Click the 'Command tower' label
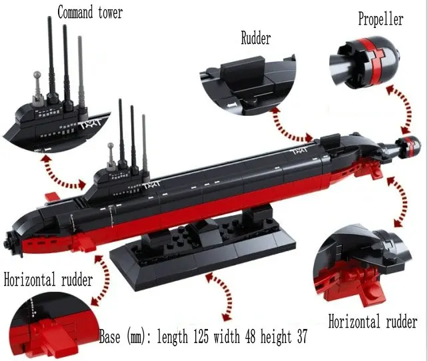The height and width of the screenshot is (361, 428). (x=90, y=13)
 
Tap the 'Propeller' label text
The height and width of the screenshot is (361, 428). (x=381, y=19)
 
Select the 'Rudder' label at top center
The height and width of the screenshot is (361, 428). (x=256, y=38)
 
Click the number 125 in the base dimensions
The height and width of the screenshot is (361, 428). (x=201, y=336)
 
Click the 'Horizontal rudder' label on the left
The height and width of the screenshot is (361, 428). (x=48, y=280)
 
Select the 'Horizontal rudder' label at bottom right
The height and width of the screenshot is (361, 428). (x=373, y=322)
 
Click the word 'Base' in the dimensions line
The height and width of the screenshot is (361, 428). (x=109, y=336)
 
